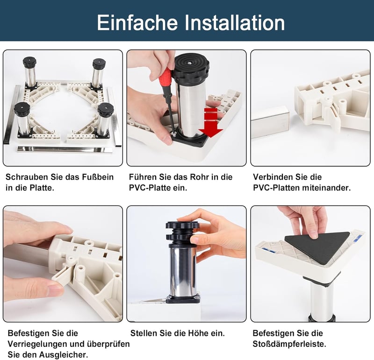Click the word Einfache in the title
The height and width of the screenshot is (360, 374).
pos(137,22)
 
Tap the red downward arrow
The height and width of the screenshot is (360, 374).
pos(211,122)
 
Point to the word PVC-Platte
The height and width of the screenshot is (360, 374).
pos(151,188)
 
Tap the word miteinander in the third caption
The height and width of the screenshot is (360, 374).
pos(326,188)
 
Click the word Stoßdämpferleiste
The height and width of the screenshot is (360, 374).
pos(289,344)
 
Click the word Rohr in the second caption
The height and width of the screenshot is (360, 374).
pos(200,177)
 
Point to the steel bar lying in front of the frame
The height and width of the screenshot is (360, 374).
pos(65,149)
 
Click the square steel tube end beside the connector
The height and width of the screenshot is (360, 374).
pos(271,123)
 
